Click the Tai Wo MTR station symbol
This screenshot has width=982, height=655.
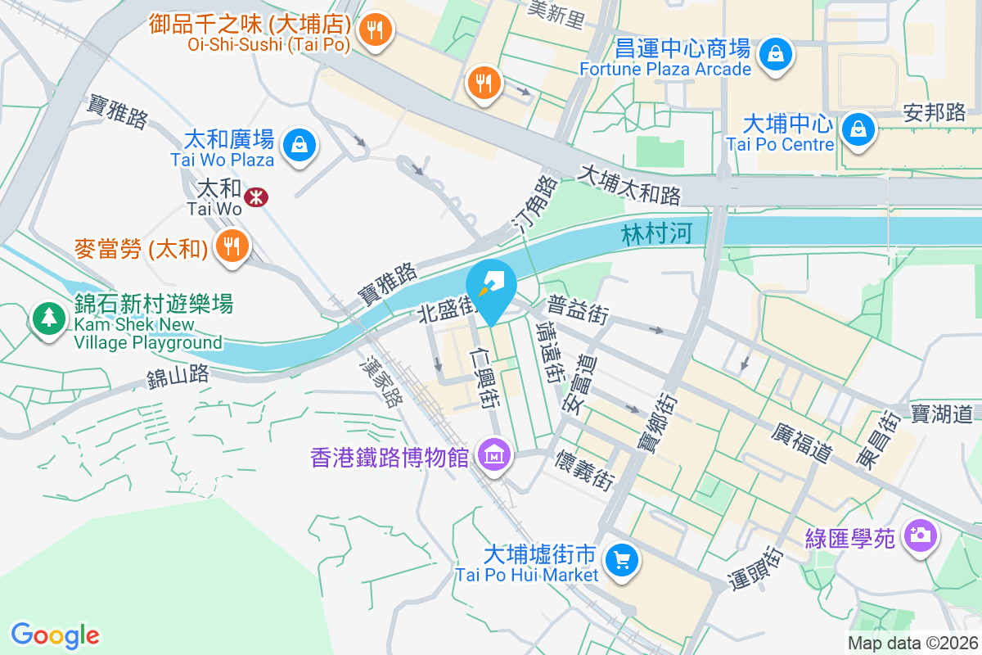click(256, 196)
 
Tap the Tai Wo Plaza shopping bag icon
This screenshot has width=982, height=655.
click(300, 146)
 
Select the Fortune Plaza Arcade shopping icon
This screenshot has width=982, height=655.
click(773, 55)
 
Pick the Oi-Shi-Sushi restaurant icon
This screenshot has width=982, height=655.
click(376, 31)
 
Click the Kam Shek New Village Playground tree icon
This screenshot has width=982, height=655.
click(49, 317)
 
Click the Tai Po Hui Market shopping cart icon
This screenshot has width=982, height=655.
click(622, 560)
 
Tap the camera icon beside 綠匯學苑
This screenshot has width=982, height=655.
click(921, 535)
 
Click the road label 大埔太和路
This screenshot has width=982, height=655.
click(629, 186)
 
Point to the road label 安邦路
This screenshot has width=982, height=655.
click(934, 112)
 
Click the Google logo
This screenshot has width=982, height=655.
click(55, 635)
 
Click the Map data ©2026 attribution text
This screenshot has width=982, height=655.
click(912, 643)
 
